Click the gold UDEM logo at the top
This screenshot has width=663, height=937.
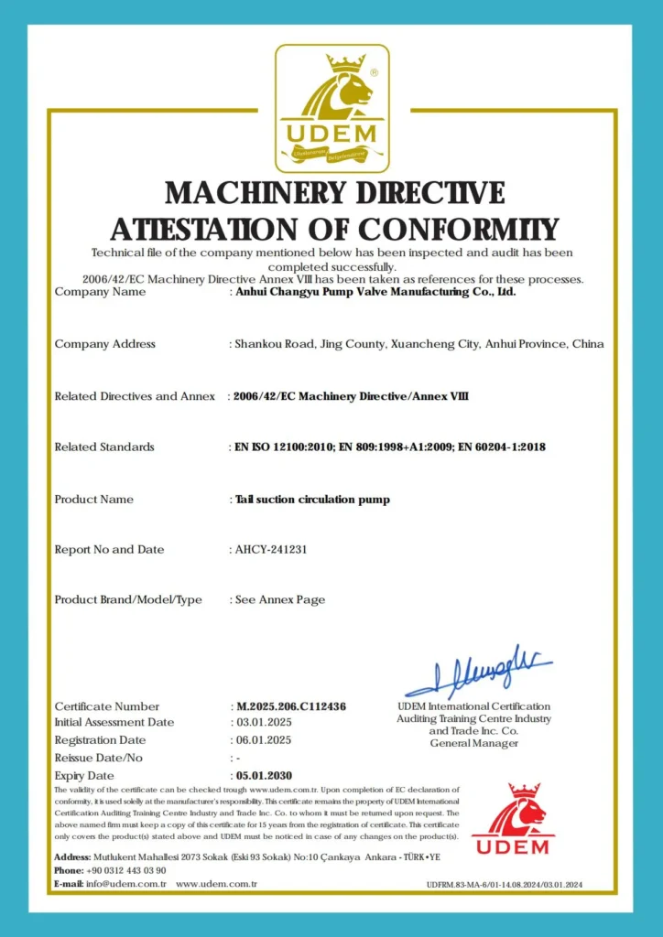pos(332,108)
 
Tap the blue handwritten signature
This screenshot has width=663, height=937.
pos(478,671)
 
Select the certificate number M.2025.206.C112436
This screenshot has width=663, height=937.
pos(292,706)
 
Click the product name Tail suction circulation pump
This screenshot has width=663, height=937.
pos(312,500)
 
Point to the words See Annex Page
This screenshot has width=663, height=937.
pos(280,600)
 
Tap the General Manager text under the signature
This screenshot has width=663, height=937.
pos(473,743)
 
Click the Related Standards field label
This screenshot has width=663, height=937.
pos(104,447)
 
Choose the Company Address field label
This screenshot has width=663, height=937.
pos(105,344)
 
